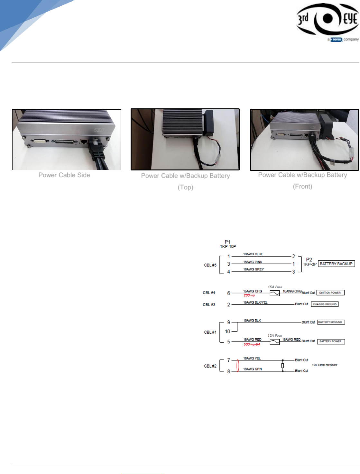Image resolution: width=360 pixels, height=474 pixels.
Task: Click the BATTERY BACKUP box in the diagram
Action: coord(336,264)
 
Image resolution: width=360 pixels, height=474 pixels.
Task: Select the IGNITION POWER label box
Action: coord(330,293)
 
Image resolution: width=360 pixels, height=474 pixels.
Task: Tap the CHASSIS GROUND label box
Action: coord(325,304)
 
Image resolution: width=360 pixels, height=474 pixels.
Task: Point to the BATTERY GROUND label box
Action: coord(331,322)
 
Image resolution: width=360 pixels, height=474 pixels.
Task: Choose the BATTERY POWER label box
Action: coord(331,341)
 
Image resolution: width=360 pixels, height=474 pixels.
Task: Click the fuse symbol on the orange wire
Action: coord(274,293)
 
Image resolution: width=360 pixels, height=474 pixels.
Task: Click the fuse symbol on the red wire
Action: coord(274,342)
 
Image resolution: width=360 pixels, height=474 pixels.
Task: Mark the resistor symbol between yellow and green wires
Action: coord(282,366)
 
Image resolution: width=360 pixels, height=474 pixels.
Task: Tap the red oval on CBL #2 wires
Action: coord(237,366)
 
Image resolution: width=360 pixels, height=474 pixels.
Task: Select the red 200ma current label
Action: coord(249,295)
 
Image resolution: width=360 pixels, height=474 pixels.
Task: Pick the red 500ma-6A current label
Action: coord(252,344)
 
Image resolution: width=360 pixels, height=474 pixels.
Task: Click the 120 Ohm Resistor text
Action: coord(324,365)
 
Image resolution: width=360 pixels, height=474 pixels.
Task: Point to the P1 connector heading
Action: coord(227,242)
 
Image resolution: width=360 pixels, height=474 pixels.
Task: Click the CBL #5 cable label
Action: coord(210,265)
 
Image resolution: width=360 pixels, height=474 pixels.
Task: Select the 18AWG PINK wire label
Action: coord(253,262)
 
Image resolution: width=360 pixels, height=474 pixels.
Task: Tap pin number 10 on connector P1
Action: coord(227,331)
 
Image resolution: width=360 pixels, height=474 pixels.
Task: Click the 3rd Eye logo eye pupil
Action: coord(327,18)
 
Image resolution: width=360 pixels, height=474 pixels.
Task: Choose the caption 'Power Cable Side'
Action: coord(64,175)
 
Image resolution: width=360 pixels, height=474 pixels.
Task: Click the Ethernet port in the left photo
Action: coord(84,141)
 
